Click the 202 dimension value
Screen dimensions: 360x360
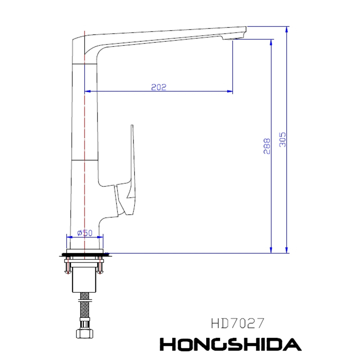click(x=158, y=87)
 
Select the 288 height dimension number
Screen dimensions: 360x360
click(x=267, y=146)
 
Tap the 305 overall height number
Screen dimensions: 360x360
click(x=283, y=139)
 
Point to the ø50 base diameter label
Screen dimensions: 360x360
click(x=85, y=233)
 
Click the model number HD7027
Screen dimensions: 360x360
click(x=238, y=323)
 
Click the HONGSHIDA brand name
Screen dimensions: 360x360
click(x=230, y=344)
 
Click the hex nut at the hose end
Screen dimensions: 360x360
click(x=85, y=333)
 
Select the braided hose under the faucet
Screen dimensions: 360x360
click(x=85, y=305)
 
